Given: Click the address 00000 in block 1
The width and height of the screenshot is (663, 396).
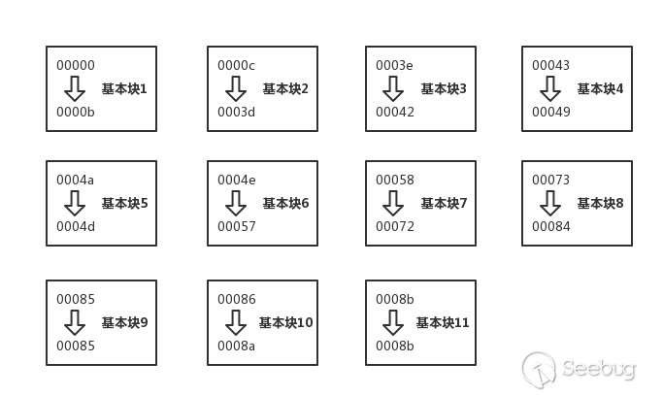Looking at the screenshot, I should click(76, 66).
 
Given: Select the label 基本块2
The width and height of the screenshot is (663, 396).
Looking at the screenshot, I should click(285, 89).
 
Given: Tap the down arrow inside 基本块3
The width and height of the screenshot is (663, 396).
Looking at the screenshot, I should click(393, 89).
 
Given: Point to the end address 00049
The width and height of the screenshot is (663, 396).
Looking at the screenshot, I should click(550, 112).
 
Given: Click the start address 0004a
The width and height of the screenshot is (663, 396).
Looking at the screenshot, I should click(76, 181).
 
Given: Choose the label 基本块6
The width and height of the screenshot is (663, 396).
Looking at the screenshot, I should click(285, 204).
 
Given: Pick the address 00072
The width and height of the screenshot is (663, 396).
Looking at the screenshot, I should click(395, 227).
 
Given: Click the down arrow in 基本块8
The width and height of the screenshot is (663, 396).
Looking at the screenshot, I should click(550, 204).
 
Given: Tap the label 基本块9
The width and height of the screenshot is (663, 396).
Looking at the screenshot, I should click(124, 323).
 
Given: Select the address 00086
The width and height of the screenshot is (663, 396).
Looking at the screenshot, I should click(237, 300).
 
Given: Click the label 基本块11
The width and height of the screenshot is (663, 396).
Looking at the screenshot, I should click(443, 323).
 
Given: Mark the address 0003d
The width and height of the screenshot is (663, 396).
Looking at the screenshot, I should click(237, 112).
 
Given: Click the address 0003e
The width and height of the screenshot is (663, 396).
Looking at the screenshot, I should click(395, 66).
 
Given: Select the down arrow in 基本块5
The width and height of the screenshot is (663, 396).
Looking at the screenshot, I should click(75, 204).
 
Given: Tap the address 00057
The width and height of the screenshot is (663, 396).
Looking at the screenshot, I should click(237, 227).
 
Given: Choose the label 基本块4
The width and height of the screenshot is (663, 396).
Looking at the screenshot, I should click(600, 89).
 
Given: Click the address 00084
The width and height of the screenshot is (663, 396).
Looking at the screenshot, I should click(550, 227).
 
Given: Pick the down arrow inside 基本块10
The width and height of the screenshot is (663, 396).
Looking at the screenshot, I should click(236, 323).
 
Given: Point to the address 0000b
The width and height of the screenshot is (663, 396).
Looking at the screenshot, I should click(76, 112).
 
